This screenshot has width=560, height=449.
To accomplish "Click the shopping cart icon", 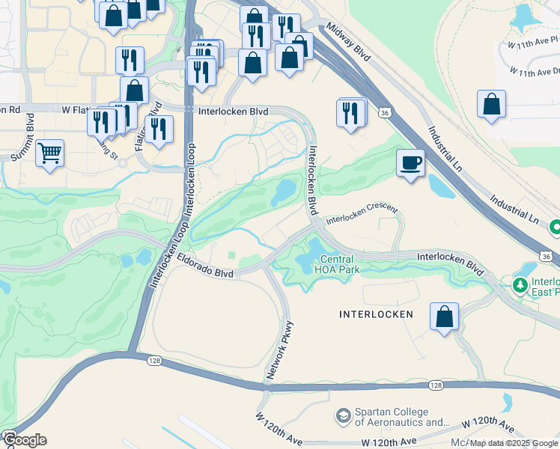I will (49, 153).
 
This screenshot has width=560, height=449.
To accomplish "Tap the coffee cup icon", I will (411, 162).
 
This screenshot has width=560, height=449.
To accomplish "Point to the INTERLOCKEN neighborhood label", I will (377, 314).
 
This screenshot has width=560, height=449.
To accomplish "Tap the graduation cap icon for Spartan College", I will (343, 415).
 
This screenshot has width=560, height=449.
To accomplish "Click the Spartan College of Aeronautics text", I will (391, 418).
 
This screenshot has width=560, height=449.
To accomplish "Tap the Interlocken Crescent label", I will (362, 216).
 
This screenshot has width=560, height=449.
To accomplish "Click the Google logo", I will (25, 439).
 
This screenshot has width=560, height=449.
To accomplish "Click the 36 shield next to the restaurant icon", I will (383, 112).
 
